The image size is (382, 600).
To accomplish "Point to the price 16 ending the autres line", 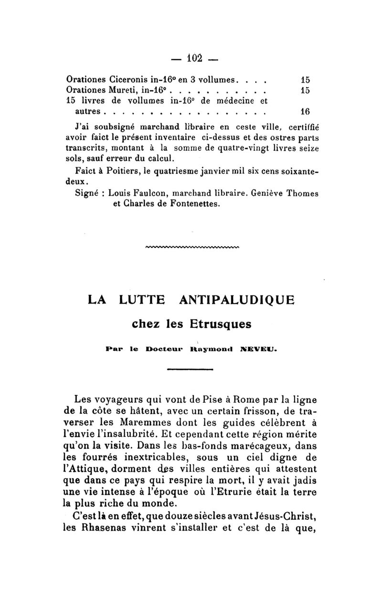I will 305,112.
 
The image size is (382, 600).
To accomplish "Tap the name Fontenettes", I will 195,204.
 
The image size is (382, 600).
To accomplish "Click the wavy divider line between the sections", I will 193,247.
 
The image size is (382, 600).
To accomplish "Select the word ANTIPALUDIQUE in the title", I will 236,301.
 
